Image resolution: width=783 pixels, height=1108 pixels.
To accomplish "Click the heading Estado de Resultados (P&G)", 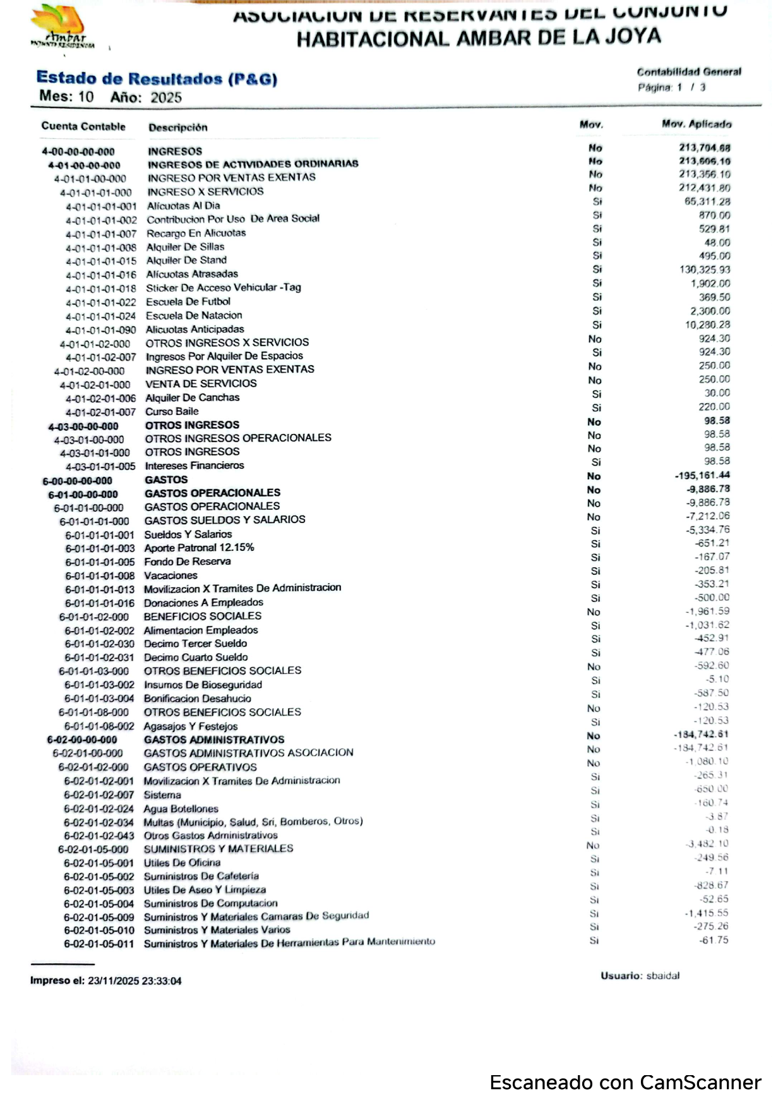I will pyautogui.click(x=157, y=79).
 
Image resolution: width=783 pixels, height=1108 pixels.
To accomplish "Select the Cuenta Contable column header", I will pyautogui.click(x=83, y=126).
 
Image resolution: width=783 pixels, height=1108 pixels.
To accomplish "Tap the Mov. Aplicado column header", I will pyautogui.click(x=696, y=124).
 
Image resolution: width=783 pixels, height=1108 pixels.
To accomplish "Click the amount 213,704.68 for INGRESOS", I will pyautogui.click(x=705, y=148).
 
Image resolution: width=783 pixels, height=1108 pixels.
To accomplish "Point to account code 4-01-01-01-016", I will pyautogui.click(x=101, y=275).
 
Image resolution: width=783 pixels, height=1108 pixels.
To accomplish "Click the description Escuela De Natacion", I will pyautogui.click(x=194, y=315).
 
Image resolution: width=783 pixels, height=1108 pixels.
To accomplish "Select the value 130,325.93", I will pyautogui.click(x=705, y=270).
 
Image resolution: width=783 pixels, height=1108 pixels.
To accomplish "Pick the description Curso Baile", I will pyautogui.click(x=172, y=411).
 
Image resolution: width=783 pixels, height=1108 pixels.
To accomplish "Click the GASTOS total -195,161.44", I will pyautogui.click(x=702, y=476).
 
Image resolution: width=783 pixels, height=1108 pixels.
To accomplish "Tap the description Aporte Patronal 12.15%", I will pyautogui.click(x=199, y=548).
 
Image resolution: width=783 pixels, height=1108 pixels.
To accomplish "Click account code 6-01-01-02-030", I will pyautogui.click(x=99, y=644).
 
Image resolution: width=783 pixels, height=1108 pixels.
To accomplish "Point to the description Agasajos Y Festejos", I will pyautogui.click(x=191, y=726).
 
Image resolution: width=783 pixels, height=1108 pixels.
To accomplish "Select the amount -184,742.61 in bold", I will pyautogui.click(x=701, y=735).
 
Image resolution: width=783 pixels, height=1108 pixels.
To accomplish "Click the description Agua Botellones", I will pyautogui.click(x=181, y=809).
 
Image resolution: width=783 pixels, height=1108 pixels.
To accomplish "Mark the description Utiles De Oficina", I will pyautogui.click(x=182, y=863).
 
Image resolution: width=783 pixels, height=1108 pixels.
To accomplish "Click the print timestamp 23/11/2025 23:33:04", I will pyautogui.click(x=134, y=981).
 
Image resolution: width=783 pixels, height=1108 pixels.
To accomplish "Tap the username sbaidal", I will pyautogui.click(x=663, y=976).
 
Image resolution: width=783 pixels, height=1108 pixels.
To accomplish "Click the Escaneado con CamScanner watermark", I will pyautogui.click(x=625, y=1083).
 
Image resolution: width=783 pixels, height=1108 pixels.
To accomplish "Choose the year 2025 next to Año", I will pyautogui.click(x=166, y=98).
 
